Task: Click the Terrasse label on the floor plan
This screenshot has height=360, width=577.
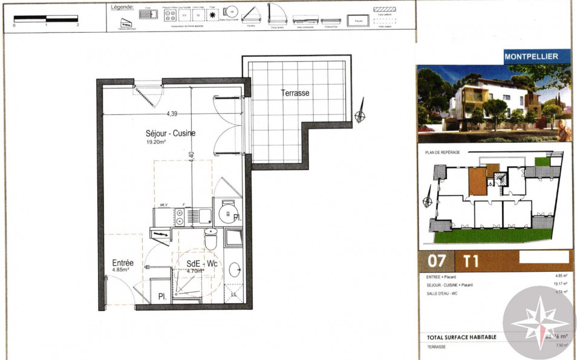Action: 295,93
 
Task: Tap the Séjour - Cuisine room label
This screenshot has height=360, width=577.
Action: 170,133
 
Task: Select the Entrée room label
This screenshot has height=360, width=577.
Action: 123,263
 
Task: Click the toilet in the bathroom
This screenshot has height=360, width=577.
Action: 210,239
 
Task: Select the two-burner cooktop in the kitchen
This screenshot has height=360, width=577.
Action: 179,217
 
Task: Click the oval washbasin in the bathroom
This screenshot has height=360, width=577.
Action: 235,270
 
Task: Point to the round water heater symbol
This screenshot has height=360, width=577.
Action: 227,214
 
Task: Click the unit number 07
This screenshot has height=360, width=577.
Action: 437,261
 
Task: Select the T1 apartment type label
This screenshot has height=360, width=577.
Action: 471,261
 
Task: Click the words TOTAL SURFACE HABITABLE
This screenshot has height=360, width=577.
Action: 461,337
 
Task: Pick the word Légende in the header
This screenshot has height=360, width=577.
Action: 123,7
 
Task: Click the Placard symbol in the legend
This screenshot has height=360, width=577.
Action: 359,21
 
